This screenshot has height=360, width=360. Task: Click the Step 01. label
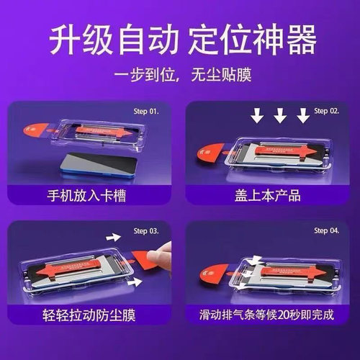tap(148, 112)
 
